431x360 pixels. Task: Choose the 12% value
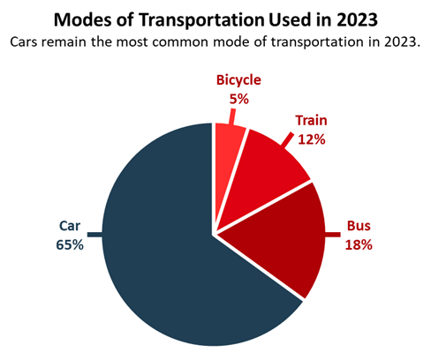click(312, 139)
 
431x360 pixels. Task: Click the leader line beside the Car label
click(95, 235)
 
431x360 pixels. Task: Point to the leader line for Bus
click(333, 235)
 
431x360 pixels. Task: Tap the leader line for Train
click(286, 139)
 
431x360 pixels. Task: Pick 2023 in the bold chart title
click(349, 19)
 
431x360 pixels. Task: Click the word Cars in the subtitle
click(24, 41)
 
